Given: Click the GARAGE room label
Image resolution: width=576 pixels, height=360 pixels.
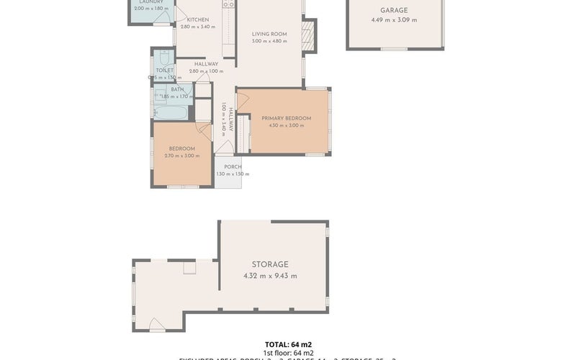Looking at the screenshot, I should [394, 11].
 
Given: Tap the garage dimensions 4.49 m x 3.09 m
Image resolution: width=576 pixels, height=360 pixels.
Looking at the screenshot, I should [394, 20].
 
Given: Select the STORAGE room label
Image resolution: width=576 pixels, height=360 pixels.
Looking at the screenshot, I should [270, 265].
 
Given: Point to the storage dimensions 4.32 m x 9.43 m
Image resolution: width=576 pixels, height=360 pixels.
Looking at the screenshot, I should [270, 276].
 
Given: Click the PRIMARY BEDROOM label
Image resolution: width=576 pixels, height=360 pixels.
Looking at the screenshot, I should [286, 118].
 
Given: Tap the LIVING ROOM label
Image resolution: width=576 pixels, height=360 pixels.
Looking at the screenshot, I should [269, 34].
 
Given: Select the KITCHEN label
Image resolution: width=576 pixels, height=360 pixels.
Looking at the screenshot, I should [197, 19].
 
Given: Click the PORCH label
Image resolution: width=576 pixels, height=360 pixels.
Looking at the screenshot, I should [232, 166].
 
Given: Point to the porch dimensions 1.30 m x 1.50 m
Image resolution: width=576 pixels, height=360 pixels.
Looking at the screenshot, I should [232, 174].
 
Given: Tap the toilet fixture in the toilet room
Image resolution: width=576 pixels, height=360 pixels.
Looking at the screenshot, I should [165, 58].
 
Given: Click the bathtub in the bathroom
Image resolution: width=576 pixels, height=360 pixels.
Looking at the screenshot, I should [171, 113].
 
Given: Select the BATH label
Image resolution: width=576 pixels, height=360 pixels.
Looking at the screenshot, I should [176, 89].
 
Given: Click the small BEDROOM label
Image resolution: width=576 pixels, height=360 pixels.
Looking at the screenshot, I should [182, 148].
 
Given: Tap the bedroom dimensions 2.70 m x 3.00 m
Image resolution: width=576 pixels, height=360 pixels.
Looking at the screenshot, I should [182, 156].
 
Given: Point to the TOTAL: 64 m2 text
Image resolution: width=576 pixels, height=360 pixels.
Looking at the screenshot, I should [288, 344].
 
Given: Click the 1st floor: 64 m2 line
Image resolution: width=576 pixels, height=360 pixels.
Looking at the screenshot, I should [288, 353].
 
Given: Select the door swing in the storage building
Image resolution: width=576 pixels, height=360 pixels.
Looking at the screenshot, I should [156, 325].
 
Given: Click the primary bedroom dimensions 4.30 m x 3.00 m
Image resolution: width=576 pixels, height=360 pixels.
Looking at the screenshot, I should [286, 125].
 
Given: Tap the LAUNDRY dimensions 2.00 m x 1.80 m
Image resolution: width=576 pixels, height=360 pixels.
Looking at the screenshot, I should [150, 8].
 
